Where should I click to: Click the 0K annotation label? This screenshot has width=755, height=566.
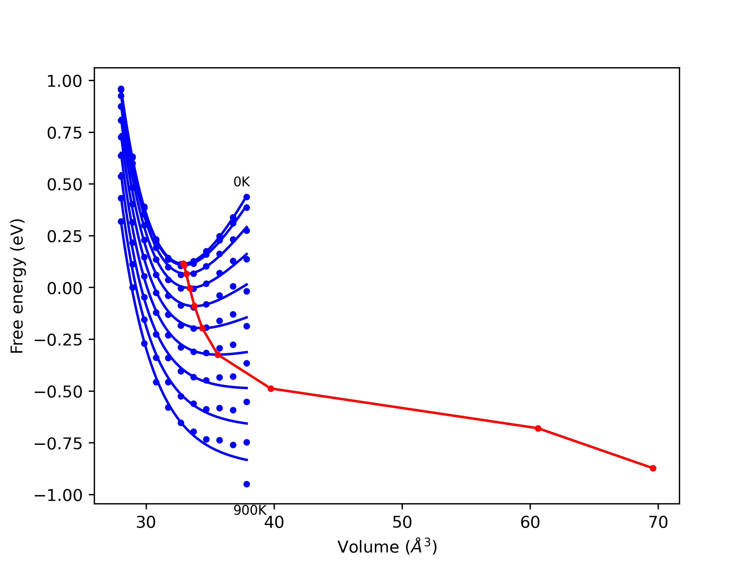242,182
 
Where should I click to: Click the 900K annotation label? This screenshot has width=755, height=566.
250,510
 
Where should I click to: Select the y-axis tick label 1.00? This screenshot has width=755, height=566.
65,82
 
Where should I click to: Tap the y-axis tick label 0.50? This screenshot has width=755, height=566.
65,185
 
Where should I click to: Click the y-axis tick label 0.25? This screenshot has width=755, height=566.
65,237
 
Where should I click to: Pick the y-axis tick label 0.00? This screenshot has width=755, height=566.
65,289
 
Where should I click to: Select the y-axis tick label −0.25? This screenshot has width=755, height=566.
58,340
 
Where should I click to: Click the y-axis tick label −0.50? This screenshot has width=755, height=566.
58,392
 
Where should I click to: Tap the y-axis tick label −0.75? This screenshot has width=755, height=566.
58,444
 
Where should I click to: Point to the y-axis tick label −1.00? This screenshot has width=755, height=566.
58,496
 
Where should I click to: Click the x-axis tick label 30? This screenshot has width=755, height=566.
146,523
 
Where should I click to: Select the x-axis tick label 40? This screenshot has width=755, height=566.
274,523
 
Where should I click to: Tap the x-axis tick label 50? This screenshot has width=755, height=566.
402,523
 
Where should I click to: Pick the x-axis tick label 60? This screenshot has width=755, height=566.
530,523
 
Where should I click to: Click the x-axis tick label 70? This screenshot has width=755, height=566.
658,523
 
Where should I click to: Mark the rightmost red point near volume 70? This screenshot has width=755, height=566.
653,468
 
